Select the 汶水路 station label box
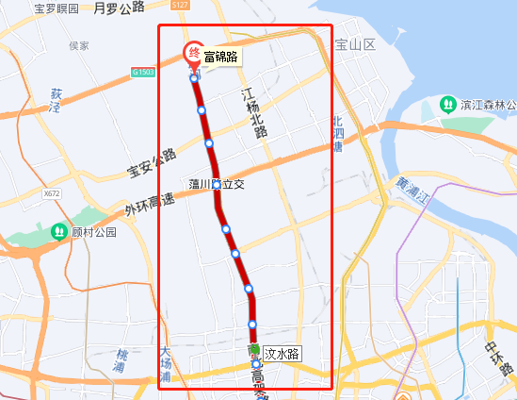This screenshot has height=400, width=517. [282, 354]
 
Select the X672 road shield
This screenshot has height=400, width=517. [51, 193]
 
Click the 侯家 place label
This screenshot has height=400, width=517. [79, 44]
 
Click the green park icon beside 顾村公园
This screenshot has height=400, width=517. [59, 230]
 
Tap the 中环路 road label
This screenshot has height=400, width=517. [497, 358]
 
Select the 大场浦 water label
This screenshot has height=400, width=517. [166, 365]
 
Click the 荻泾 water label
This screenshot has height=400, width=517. [57, 101]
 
